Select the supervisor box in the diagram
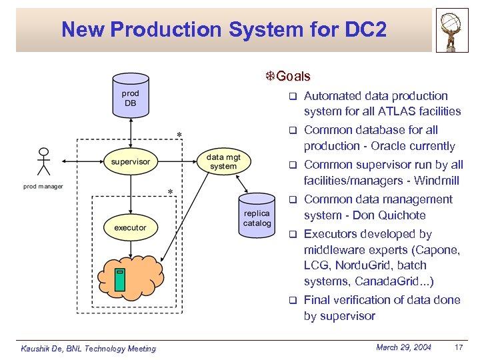(x=131, y=161)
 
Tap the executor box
(x=130, y=227)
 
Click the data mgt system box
(x=223, y=161)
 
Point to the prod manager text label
(x=43, y=187)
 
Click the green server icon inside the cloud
(x=119, y=279)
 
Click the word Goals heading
(x=293, y=77)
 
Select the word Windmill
(x=437, y=181)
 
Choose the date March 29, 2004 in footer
(x=404, y=347)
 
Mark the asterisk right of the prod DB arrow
(x=179, y=136)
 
